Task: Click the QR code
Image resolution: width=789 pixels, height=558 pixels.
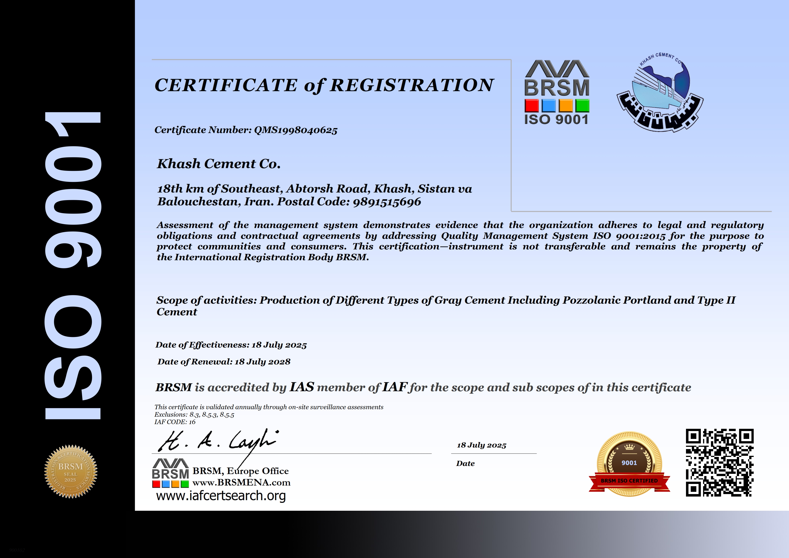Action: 720,462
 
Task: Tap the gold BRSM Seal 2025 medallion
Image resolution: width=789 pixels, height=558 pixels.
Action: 71,471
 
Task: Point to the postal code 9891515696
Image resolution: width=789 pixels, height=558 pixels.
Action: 387,202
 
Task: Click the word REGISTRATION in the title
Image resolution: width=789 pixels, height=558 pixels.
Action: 412,85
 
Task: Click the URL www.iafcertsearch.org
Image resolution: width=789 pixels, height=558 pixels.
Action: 221,496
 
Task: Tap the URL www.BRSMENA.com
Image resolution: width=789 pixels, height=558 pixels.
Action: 241,483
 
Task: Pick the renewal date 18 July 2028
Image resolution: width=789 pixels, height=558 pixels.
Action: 262,362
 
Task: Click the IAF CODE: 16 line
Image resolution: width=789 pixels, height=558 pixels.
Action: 175,422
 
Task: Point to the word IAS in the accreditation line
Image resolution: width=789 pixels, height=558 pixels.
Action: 302,387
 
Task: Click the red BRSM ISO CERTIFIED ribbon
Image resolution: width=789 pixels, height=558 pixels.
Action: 629,481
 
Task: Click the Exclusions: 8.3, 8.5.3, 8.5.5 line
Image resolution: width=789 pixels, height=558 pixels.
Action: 194,415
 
